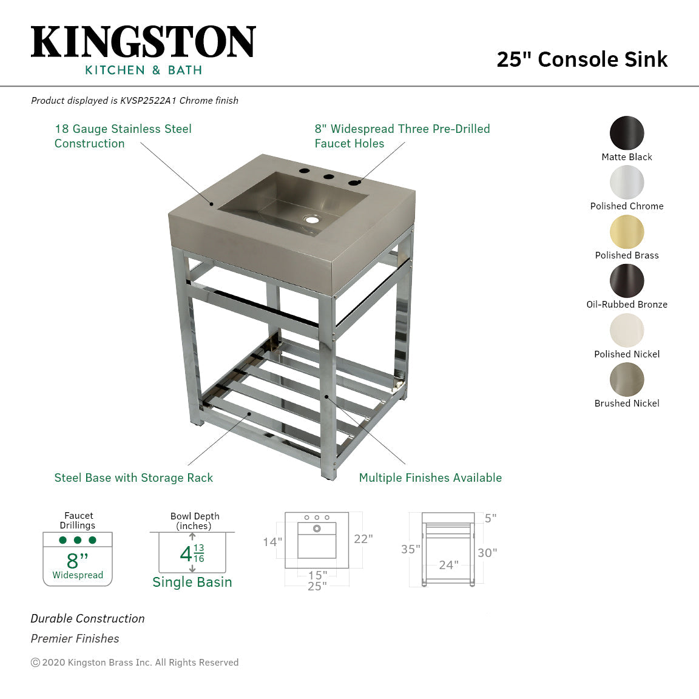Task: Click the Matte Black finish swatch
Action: click(x=627, y=133)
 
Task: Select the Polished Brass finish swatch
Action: click(x=627, y=232)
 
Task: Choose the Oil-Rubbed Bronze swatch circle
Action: click(x=627, y=281)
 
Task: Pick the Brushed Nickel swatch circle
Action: click(x=627, y=380)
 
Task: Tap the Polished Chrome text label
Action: click(x=627, y=206)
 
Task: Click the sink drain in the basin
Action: click(x=312, y=218)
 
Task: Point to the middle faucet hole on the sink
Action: click(x=329, y=178)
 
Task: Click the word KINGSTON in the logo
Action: click(x=143, y=42)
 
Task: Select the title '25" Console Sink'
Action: click(x=582, y=59)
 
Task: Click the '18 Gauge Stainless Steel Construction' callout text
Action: click(x=123, y=136)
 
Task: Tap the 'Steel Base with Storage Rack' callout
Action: click(x=133, y=478)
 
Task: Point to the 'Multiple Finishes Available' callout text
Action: click(x=430, y=478)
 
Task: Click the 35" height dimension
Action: click(x=410, y=549)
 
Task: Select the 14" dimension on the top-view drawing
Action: click(x=272, y=542)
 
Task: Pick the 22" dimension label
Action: click(x=363, y=539)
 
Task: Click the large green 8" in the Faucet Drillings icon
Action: click(x=77, y=560)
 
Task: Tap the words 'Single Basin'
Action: click(x=192, y=582)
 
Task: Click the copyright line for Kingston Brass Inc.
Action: click(x=135, y=663)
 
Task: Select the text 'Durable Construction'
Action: click(x=88, y=619)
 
